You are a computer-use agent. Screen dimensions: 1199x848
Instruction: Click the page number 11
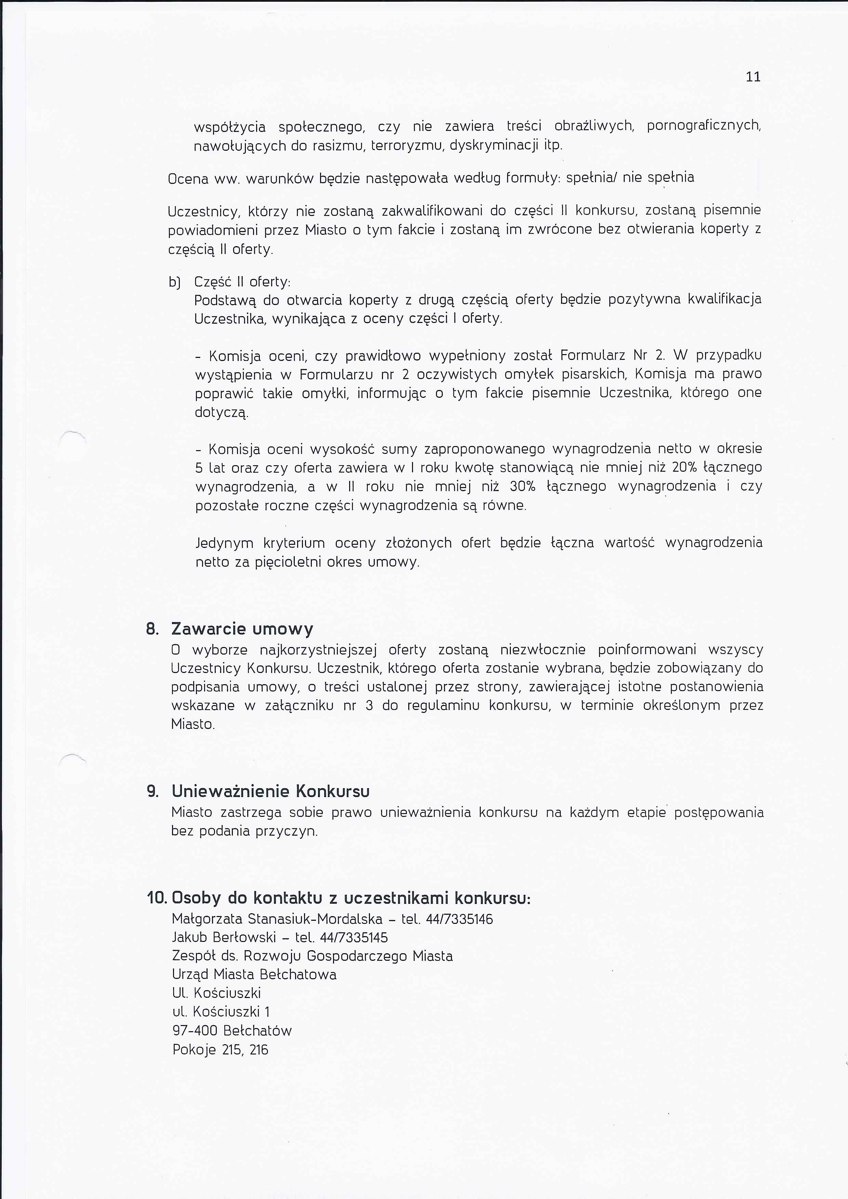pos(753,77)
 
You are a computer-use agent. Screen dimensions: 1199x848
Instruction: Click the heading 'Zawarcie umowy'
pos(242,629)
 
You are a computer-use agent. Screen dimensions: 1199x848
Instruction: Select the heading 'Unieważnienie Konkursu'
pos(271,792)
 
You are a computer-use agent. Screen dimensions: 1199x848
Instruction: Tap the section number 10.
pos(156,899)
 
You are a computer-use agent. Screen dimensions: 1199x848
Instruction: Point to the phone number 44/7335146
pos(460,920)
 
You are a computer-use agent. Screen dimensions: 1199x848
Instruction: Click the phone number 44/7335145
pos(354,938)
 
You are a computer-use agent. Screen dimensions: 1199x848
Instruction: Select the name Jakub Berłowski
pos(224,938)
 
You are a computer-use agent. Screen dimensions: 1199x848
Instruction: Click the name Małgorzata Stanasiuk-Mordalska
pos(277,920)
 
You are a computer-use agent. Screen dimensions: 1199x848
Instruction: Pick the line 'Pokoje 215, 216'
pos(220,1050)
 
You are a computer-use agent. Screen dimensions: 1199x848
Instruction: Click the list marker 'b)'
pos(174,283)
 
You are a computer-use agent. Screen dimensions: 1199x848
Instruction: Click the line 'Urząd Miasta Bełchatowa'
pos(254,975)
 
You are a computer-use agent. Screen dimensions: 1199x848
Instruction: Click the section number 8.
pos(152,629)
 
